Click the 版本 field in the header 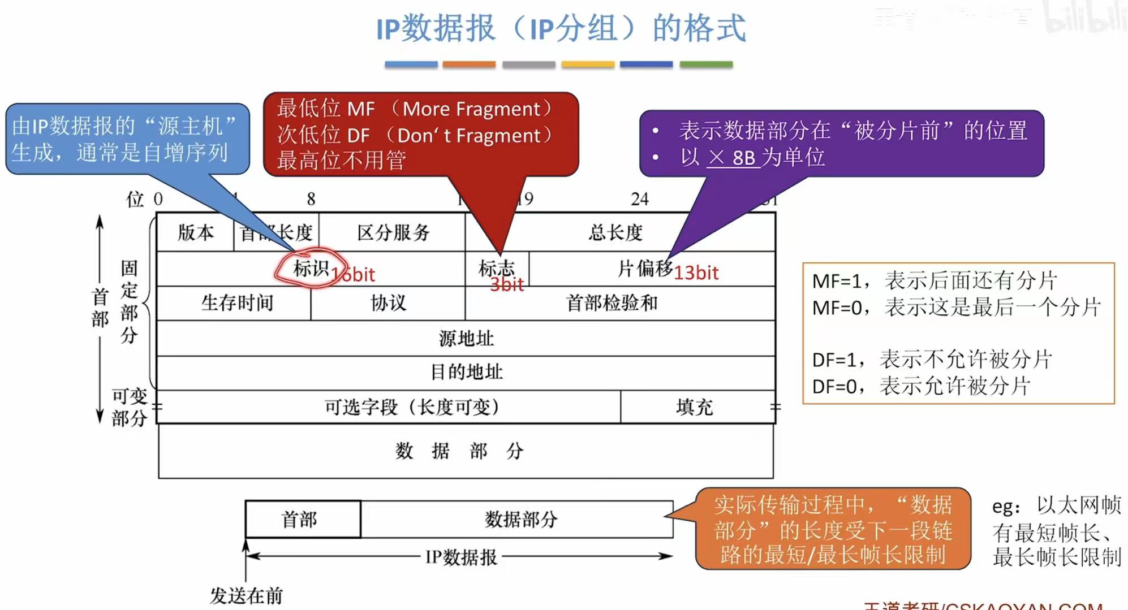(x=195, y=232)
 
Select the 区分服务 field (x=393, y=232)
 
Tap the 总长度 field (x=615, y=232)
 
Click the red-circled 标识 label (x=311, y=268)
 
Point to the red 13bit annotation (x=696, y=273)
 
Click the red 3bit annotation (x=507, y=285)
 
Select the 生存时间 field (x=237, y=303)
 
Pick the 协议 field (x=388, y=303)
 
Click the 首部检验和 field (x=612, y=303)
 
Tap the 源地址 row (x=466, y=338)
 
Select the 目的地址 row (x=466, y=372)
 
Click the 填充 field (x=695, y=407)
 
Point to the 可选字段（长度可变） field (x=411, y=407)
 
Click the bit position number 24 (x=640, y=199)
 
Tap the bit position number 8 (x=311, y=199)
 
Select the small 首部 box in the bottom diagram (x=300, y=519)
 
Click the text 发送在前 (x=246, y=595)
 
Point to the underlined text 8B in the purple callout (x=744, y=158)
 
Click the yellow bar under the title (x=588, y=64)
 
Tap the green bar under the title (x=706, y=64)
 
